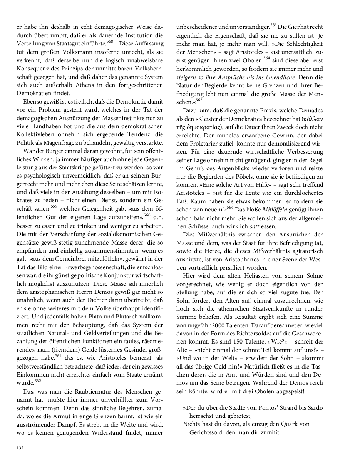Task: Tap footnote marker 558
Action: pos(110,41)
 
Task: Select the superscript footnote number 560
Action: pos(147,215)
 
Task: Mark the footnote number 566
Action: pos(230,207)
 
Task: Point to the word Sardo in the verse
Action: pos(315,407)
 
